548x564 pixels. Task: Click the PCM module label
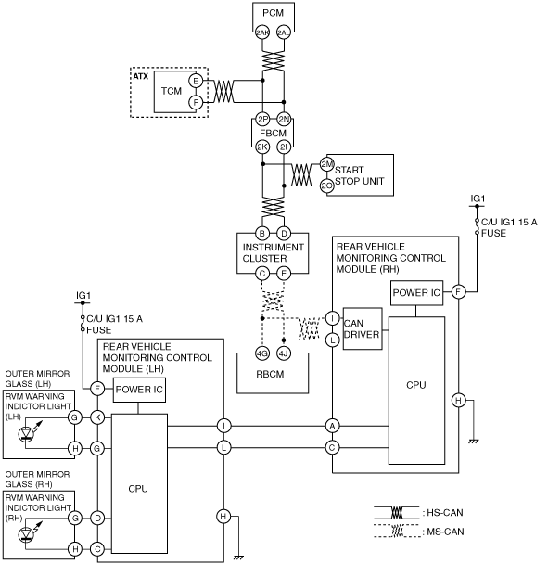point(273,13)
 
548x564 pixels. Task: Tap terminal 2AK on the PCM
point(262,33)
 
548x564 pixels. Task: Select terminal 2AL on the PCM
point(284,33)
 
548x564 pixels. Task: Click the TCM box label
point(172,91)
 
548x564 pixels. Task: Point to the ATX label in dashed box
point(141,76)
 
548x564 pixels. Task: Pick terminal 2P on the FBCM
point(262,119)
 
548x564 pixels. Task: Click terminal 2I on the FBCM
point(284,147)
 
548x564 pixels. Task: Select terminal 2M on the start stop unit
point(327,164)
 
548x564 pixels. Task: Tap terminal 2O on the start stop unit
point(327,186)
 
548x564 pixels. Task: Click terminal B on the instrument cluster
point(262,233)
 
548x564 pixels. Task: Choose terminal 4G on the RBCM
point(262,353)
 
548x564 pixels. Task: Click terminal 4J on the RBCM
point(284,353)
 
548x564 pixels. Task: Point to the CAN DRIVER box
point(363,328)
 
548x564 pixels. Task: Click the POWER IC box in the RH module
point(416,293)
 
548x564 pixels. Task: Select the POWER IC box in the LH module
point(139,390)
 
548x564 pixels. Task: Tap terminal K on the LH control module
point(97,417)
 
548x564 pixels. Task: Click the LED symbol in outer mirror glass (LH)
point(26,433)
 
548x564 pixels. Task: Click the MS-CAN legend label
point(445,532)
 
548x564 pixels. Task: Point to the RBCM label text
point(270,374)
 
